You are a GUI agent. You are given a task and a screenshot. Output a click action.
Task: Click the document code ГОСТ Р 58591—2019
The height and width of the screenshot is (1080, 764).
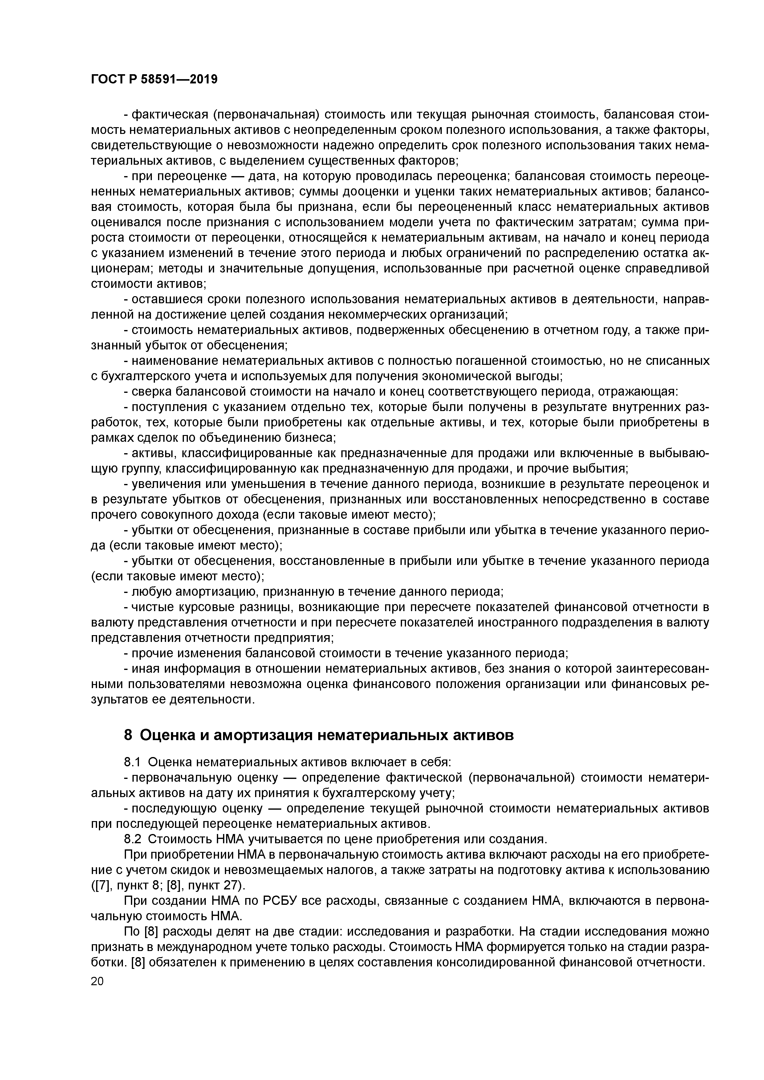(x=154, y=79)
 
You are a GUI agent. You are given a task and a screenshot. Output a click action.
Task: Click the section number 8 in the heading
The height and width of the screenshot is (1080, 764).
(x=128, y=735)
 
